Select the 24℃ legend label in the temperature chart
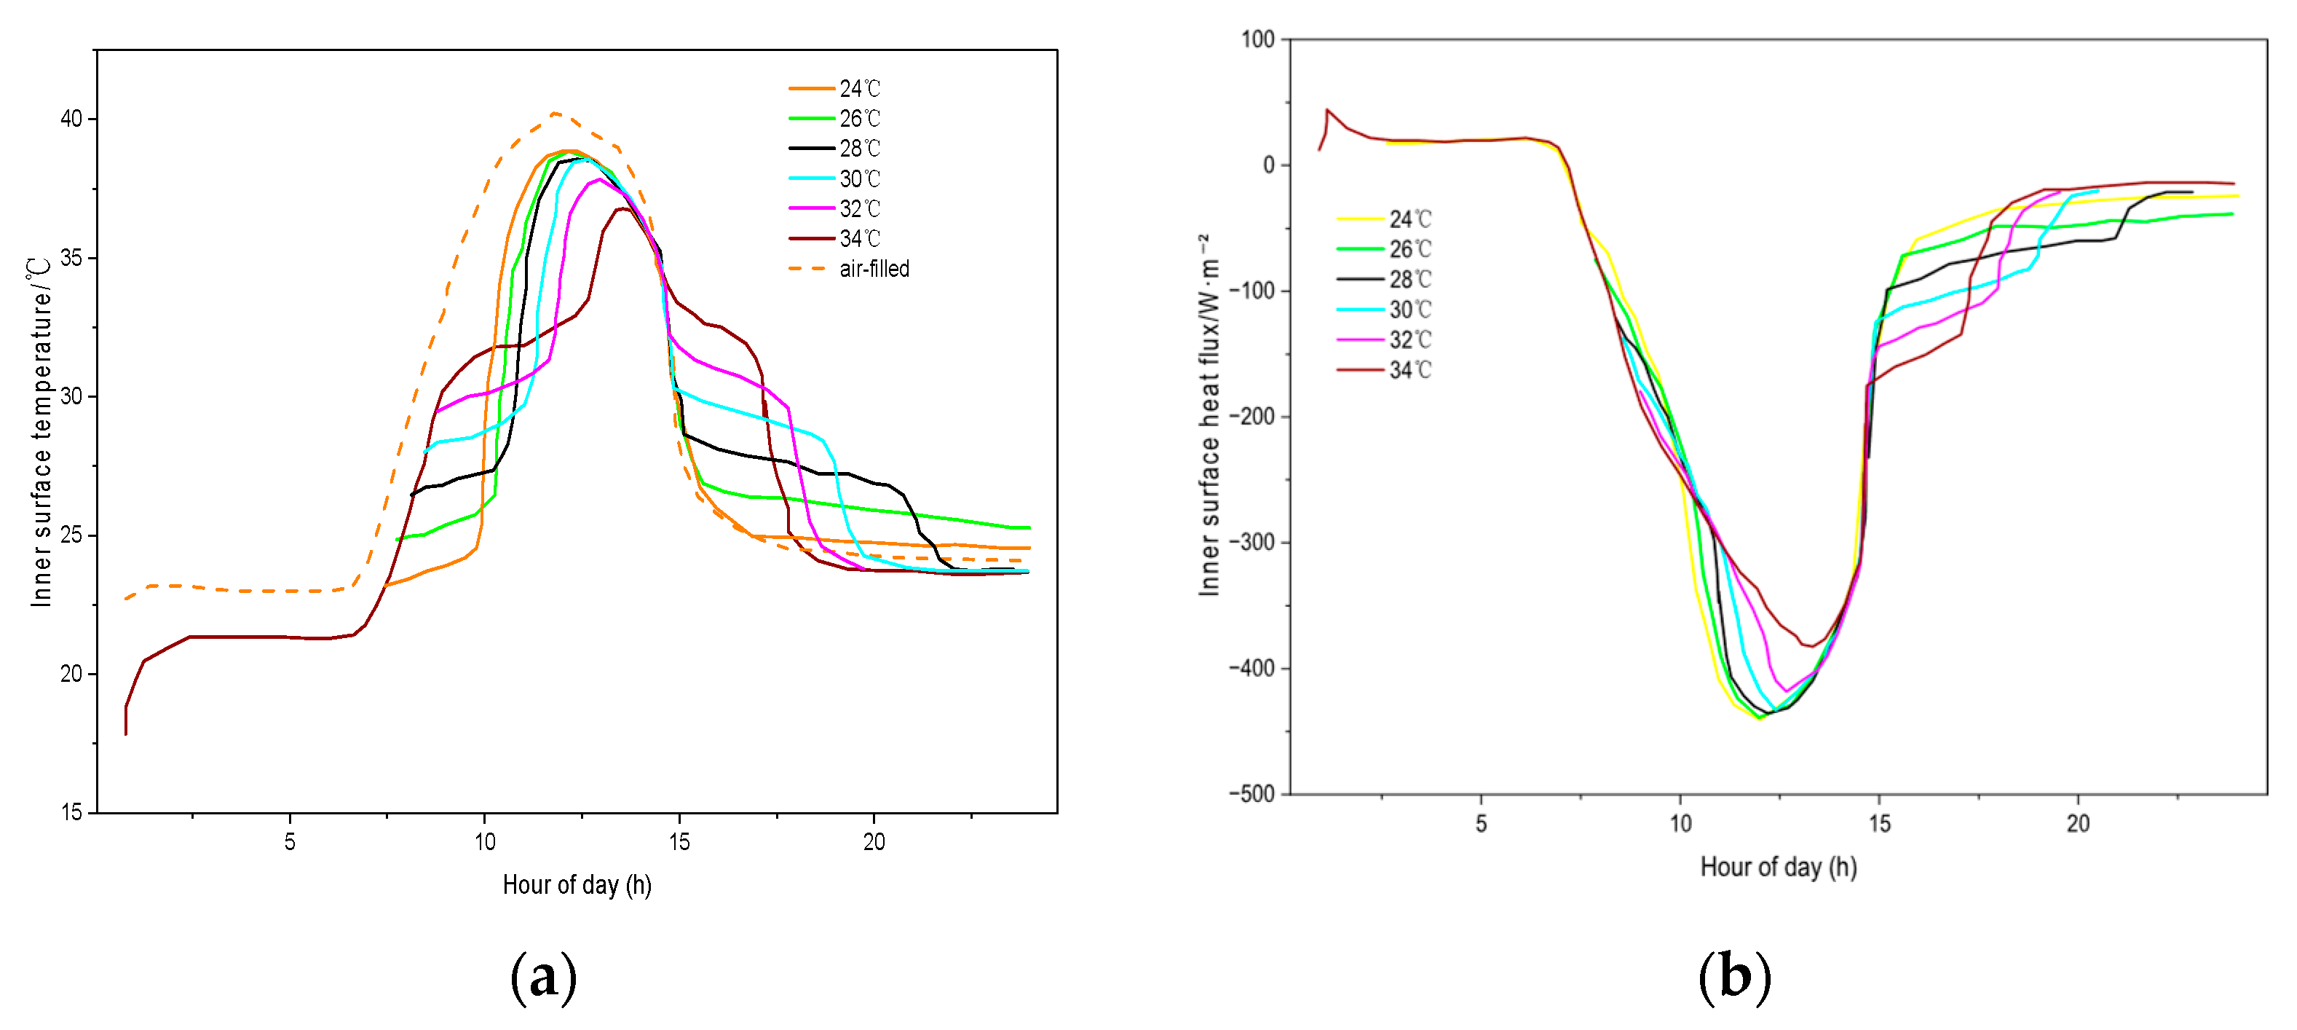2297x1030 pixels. (860, 88)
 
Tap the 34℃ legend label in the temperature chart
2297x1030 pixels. (860, 238)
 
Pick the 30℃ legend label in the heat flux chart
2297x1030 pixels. (1410, 310)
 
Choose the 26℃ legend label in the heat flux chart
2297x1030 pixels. (1410, 249)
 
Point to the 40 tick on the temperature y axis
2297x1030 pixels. (71, 119)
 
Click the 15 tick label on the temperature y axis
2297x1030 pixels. (71, 811)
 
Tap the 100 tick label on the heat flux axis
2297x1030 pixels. (1257, 39)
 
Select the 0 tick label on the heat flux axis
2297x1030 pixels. (1269, 165)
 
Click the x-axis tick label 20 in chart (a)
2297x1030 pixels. (874, 842)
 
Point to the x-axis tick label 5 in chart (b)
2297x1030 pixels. (1481, 823)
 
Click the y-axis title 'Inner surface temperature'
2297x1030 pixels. (41, 433)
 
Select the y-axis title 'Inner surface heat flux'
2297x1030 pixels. (1209, 414)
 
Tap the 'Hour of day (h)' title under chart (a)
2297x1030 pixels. (577, 884)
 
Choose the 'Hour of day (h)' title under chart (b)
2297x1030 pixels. (1778, 867)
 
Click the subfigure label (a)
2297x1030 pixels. (543, 978)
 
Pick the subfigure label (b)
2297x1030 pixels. (1734, 978)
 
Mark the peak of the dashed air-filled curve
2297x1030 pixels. (555, 113)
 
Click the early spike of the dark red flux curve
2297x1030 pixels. (1327, 110)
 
